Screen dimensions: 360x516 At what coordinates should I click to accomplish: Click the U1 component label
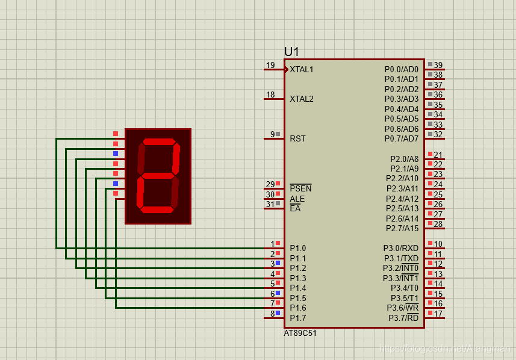(x=291, y=52)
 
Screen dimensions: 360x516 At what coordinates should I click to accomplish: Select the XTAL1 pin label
(x=301, y=69)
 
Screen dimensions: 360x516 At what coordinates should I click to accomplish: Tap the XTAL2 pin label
(x=301, y=99)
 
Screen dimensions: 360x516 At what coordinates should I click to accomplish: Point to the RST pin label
(x=297, y=138)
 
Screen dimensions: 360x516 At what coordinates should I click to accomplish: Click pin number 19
(x=270, y=65)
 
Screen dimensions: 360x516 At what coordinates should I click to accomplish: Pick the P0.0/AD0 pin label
(x=401, y=69)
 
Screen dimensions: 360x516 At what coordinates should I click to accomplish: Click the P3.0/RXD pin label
(x=400, y=248)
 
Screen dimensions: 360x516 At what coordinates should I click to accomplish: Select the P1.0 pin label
(x=297, y=248)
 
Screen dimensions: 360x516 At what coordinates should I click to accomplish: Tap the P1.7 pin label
(x=297, y=318)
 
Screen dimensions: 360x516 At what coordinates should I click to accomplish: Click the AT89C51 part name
(x=300, y=333)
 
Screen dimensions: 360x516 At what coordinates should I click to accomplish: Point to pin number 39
(x=438, y=65)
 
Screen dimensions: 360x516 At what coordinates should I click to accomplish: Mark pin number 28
(x=438, y=224)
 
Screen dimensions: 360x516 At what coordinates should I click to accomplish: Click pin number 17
(x=438, y=314)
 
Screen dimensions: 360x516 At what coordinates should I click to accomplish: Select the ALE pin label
(x=297, y=199)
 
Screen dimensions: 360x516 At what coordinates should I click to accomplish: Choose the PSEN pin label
(x=300, y=188)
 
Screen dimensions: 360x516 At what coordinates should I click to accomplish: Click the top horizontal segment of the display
(x=158, y=142)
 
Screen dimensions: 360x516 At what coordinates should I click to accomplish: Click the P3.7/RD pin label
(x=403, y=318)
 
